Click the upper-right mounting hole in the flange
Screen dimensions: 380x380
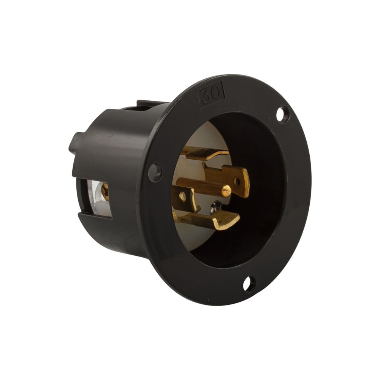pyautogui.click(x=282, y=114)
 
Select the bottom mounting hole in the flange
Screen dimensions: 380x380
pyautogui.click(x=249, y=284)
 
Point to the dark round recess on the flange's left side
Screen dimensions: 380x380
pyautogui.click(x=155, y=172)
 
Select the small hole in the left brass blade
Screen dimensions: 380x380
pyautogui.click(x=183, y=196)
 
